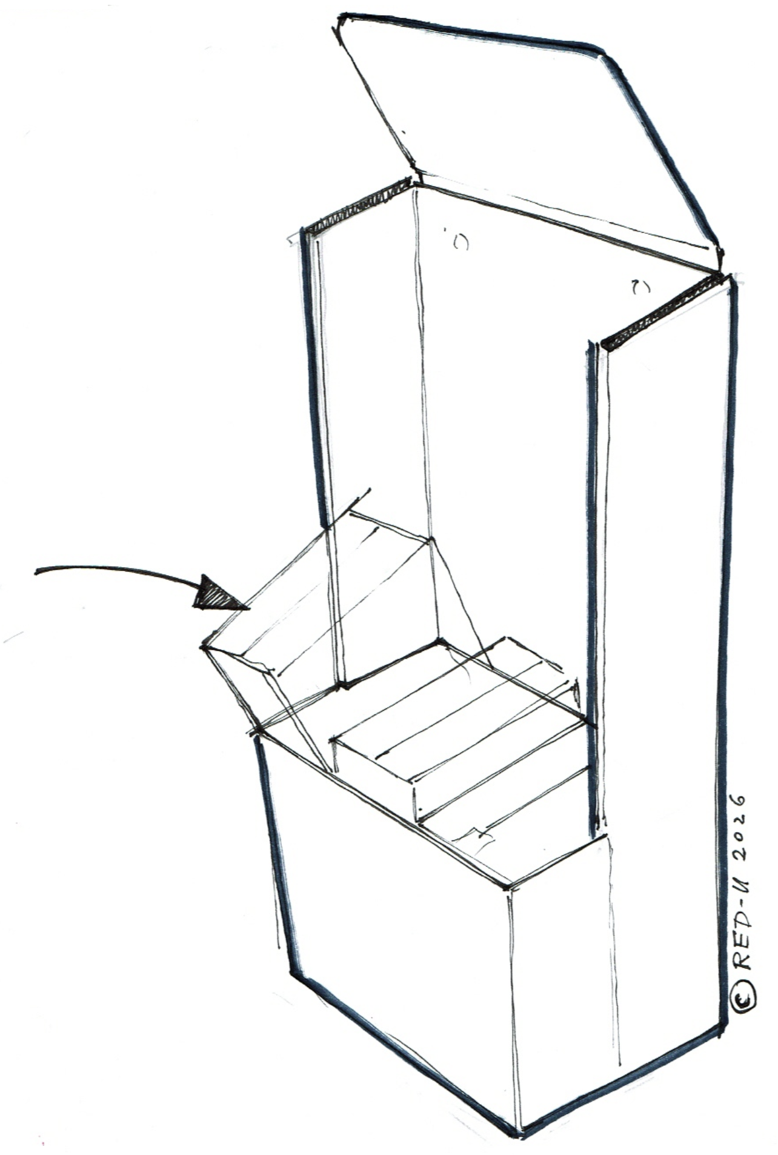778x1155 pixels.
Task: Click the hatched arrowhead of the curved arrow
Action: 215,594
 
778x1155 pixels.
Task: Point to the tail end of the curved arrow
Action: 36,571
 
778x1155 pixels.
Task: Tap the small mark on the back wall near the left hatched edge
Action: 460,242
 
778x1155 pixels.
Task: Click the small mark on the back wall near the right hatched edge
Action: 640,287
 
